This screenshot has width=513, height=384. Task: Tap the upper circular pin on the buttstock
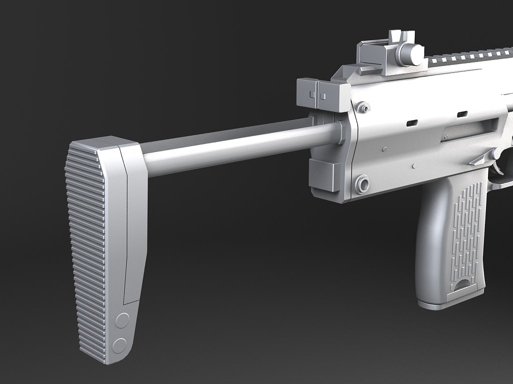(x=122, y=320)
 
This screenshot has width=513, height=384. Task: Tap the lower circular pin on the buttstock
(x=119, y=345)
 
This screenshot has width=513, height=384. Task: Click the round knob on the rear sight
(x=409, y=54)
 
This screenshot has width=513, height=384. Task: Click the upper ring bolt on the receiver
(x=364, y=107)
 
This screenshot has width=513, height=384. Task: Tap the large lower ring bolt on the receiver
(x=362, y=184)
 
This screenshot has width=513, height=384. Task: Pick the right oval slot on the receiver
(x=462, y=114)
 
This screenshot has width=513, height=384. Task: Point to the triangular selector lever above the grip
(x=478, y=159)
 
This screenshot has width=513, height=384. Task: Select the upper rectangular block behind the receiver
(x=323, y=95)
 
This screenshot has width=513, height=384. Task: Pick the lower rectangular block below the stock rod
(x=325, y=175)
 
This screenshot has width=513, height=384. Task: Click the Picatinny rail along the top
(x=471, y=57)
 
